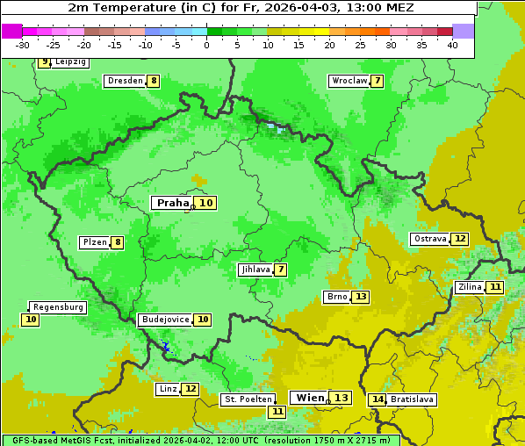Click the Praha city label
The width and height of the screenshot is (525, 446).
(173, 203)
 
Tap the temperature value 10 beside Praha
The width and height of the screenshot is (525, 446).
(205, 203)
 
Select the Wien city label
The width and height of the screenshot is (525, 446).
(310, 398)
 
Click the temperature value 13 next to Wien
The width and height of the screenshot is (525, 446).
(341, 398)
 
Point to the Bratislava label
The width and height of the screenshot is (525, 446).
(412, 399)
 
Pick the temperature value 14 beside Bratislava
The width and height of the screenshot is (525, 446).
(378, 399)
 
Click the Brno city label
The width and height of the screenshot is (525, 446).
(336, 297)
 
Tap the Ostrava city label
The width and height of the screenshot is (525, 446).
(430, 239)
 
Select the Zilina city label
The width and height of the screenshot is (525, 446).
(470, 287)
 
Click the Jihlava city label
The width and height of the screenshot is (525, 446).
(255, 270)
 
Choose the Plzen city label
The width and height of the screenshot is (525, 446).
(94, 242)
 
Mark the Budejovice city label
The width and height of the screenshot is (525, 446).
(164, 320)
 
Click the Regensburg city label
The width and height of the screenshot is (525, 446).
(58, 307)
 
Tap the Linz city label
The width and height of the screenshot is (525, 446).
(168, 389)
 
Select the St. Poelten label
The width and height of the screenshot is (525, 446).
(246, 399)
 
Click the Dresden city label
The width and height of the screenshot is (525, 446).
(125, 81)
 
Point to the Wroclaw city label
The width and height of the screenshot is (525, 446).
(349, 81)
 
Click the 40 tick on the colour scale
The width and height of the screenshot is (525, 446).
(452, 45)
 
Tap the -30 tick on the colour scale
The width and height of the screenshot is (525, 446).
(22, 45)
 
